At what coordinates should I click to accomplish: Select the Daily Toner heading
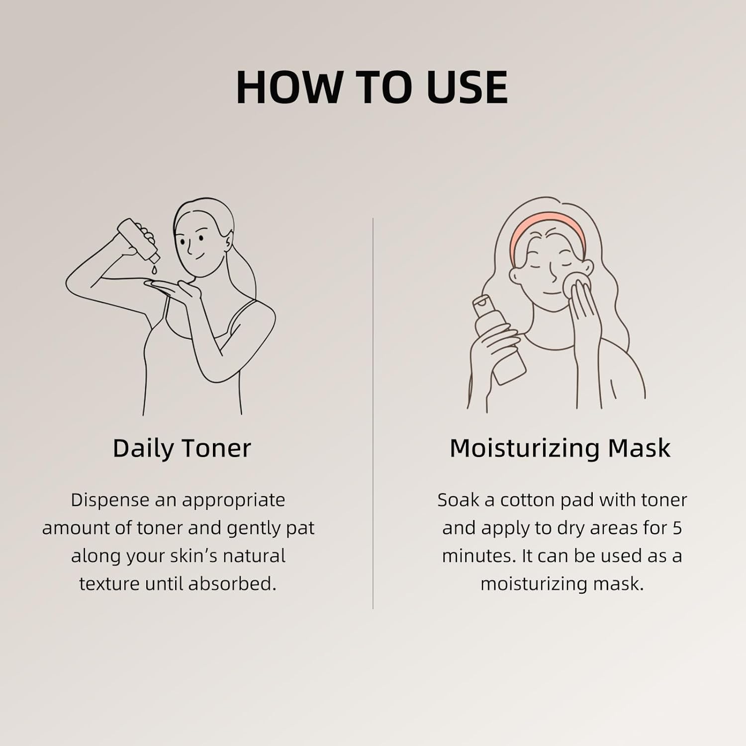[x=182, y=448]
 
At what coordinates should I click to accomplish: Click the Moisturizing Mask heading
[x=559, y=448]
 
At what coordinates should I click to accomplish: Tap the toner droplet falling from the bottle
[x=154, y=270]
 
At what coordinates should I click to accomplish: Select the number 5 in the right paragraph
[x=677, y=528]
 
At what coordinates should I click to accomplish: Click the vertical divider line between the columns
[x=373, y=413]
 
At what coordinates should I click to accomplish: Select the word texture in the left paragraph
[x=110, y=584]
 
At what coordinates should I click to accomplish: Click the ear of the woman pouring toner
[x=228, y=243]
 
